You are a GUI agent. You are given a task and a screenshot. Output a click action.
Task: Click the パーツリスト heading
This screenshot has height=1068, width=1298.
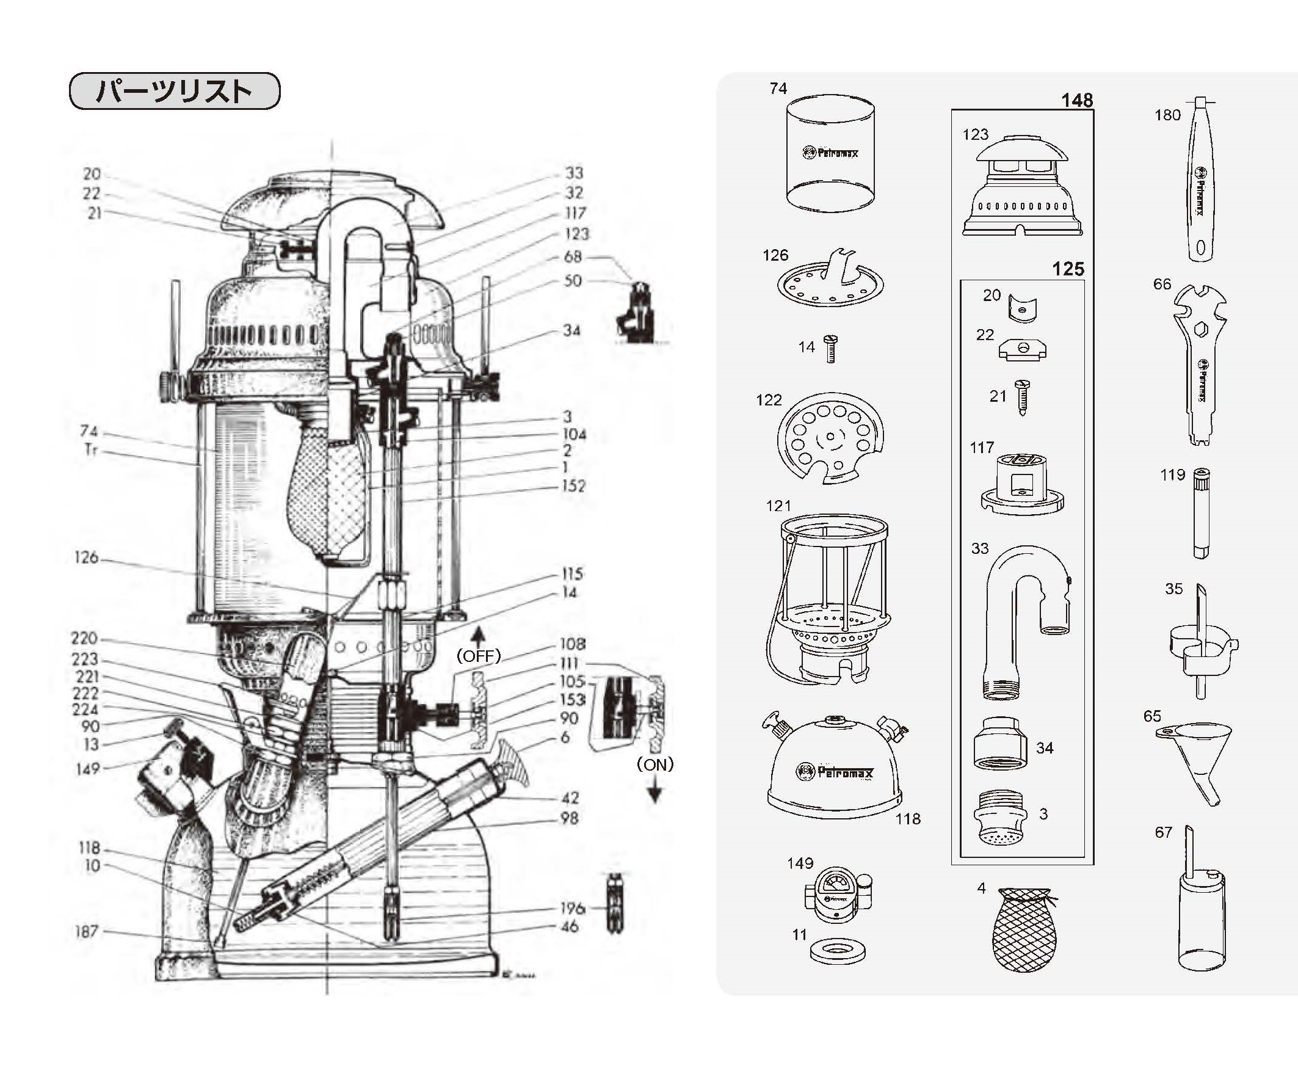point(174,91)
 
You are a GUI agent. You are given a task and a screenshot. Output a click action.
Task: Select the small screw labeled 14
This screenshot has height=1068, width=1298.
point(830,349)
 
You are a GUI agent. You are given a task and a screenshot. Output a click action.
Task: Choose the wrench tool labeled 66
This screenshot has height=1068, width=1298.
point(1199,363)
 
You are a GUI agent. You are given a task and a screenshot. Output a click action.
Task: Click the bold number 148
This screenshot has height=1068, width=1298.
point(1076,100)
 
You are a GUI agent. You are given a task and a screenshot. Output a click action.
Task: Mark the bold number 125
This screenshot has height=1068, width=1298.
point(1067,269)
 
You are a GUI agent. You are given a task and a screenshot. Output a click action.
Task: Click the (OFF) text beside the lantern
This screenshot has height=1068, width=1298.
point(478,656)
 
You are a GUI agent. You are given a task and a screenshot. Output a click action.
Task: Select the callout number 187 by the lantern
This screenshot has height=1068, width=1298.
point(86,931)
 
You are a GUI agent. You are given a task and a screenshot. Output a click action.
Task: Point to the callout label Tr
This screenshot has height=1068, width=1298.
point(90,449)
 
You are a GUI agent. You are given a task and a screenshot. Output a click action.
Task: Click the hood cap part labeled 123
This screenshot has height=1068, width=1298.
point(1022,187)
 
